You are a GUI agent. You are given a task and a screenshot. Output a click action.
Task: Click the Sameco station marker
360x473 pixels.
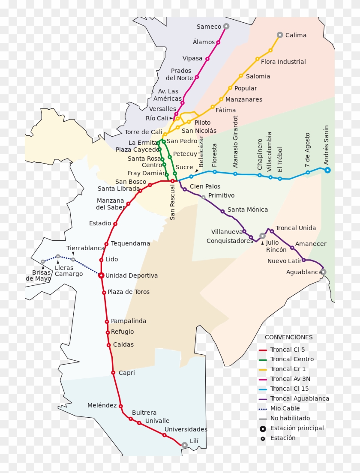tap(226, 26)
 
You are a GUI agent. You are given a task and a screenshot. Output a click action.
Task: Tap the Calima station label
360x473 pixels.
tap(296, 35)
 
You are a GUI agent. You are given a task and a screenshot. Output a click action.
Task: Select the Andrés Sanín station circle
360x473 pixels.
tap(327, 170)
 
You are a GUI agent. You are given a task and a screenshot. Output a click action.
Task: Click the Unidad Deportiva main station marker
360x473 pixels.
tap(101, 275)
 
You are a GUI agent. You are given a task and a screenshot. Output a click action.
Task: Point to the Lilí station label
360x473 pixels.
tap(194, 441)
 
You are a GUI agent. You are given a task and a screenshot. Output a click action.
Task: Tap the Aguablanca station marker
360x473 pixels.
tap(324, 272)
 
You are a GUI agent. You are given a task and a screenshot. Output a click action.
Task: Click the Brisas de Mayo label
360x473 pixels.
tap(39, 275)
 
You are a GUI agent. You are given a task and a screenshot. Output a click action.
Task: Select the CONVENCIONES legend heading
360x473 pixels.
tap(288, 337)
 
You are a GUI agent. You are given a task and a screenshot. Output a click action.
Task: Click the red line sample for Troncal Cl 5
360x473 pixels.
tap(263, 350)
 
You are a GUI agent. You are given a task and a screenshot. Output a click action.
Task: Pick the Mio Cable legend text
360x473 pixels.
tap(285, 408)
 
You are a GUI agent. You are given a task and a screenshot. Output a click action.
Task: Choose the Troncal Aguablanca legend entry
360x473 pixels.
tap(300, 398)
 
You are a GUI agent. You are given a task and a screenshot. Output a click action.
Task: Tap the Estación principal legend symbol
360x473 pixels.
tap(263, 428)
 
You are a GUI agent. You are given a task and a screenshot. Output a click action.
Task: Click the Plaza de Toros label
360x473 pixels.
tap(129, 292)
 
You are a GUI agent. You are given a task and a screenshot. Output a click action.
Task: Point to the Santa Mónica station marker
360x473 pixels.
tap(222, 211)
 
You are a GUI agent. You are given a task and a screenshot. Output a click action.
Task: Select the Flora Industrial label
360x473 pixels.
tap(283, 62)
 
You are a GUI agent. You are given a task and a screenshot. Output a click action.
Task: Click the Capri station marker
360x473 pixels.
tap(113, 373)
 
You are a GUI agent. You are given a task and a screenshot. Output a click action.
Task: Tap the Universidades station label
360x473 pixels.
tap(186, 429)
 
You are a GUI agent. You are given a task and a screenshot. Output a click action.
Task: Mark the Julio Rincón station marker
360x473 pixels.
tap(262, 236)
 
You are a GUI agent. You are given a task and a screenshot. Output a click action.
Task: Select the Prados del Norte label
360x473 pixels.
tap(179, 74)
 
